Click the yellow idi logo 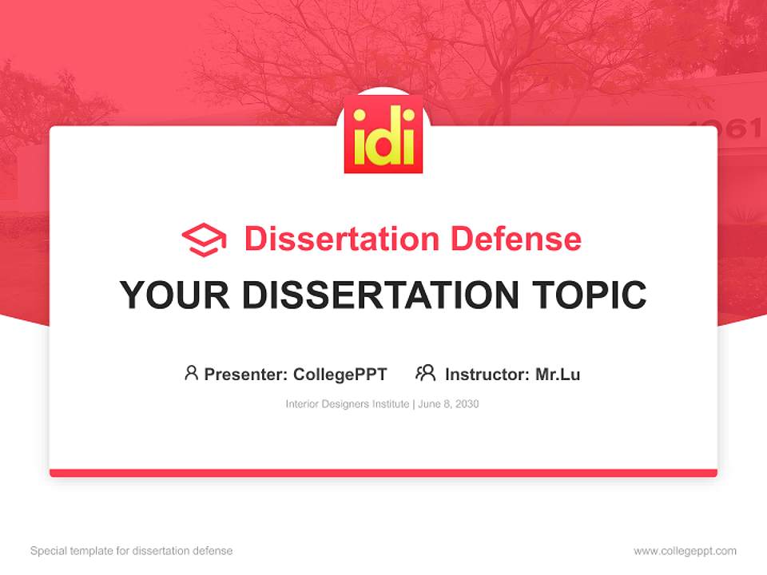tap(383, 134)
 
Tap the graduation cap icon tap(204, 240)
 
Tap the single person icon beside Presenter tap(191, 373)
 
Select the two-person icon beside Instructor tap(425, 373)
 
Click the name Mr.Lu tap(558, 374)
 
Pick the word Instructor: tap(487, 374)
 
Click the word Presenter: tap(246, 374)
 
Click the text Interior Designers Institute tap(347, 404)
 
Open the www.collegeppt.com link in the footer tap(685, 551)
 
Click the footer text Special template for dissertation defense tap(131, 551)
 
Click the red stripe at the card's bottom tap(383, 473)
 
